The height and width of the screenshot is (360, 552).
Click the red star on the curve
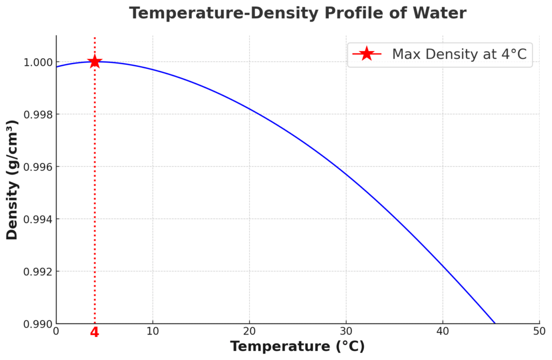coord(94,61)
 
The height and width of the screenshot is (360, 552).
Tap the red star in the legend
coord(367,54)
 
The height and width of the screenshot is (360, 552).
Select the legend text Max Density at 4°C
coord(459,54)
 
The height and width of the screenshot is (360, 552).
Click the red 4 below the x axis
coord(94,332)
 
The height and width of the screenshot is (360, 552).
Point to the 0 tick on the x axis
coord(56,331)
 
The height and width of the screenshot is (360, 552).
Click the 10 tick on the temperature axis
coord(153,331)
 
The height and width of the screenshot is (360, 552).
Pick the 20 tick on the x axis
coord(249,331)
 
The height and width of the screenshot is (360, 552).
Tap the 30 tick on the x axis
coord(346,331)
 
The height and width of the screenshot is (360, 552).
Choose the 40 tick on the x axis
coord(443,331)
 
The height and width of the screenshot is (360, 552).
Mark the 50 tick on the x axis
coord(539,331)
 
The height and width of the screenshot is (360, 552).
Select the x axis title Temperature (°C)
coord(298,347)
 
